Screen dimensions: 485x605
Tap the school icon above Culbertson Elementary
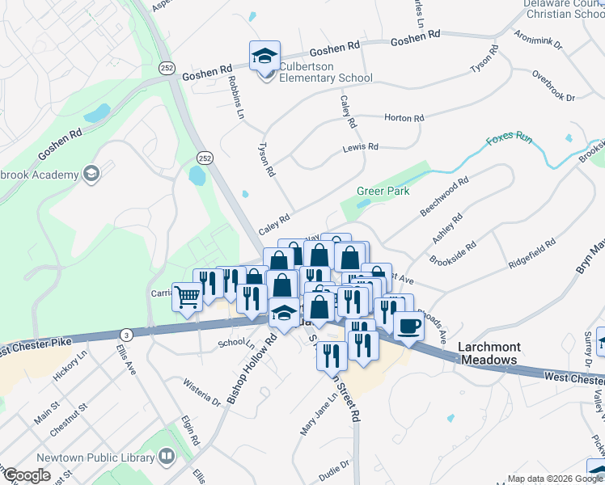coord(264,56)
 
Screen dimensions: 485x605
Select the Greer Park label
coord(383,192)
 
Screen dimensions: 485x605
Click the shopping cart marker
coord(187,298)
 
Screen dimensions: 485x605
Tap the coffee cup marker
coord(408,327)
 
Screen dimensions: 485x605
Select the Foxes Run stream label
coord(509,139)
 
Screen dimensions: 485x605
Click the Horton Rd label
coord(404,118)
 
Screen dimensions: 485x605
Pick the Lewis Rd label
coord(360,147)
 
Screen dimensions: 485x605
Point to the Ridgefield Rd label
coord(531,253)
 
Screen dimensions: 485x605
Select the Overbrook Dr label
coord(553,86)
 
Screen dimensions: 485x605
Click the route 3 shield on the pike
coord(126,334)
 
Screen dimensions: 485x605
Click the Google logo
coord(26,475)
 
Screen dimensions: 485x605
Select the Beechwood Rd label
coord(444,197)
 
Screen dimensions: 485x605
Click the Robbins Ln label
coord(235,97)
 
